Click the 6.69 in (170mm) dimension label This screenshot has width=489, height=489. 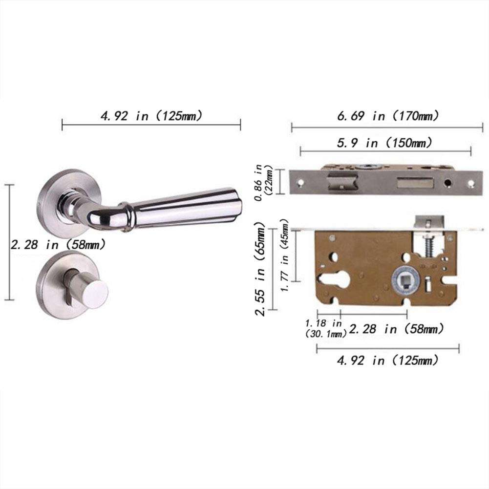pos(387,116)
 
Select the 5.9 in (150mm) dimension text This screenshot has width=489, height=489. pos(385,143)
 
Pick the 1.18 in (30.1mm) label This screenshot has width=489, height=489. pos(324,329)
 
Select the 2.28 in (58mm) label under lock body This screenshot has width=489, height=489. pos(396,329)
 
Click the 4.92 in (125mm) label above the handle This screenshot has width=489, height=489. pos(151,116)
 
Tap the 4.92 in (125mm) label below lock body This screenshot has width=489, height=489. pos(387,361)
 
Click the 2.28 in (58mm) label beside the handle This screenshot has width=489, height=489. pos(58,244)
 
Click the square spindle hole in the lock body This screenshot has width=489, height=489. pos(405,281)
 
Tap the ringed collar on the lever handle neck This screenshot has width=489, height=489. pos(127,215)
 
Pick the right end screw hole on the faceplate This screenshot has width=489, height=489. pos(471,183)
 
